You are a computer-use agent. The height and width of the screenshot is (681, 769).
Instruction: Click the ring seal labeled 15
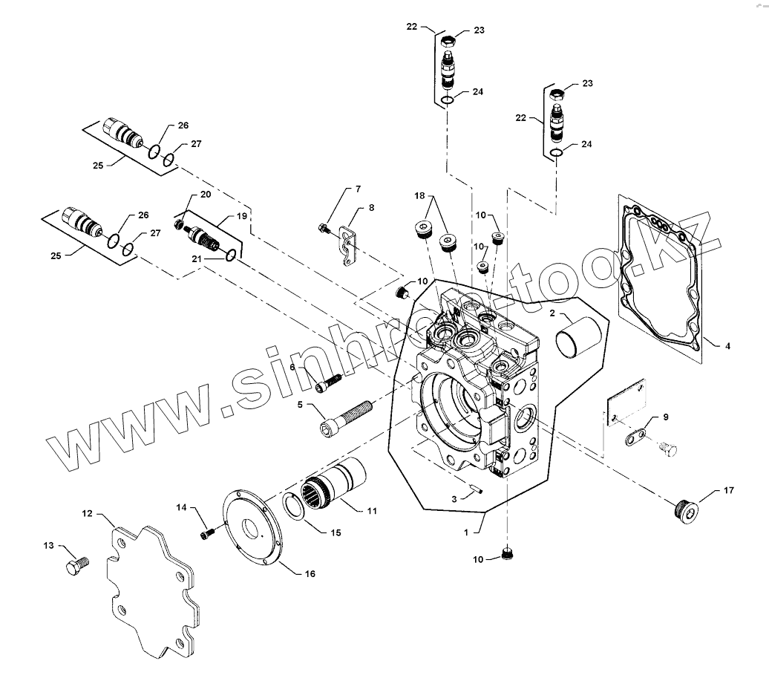(x=301, y=510)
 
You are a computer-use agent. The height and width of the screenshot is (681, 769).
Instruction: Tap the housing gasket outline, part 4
(x=660, y=274)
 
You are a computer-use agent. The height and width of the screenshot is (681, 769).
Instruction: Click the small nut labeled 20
(x=179, y=224)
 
